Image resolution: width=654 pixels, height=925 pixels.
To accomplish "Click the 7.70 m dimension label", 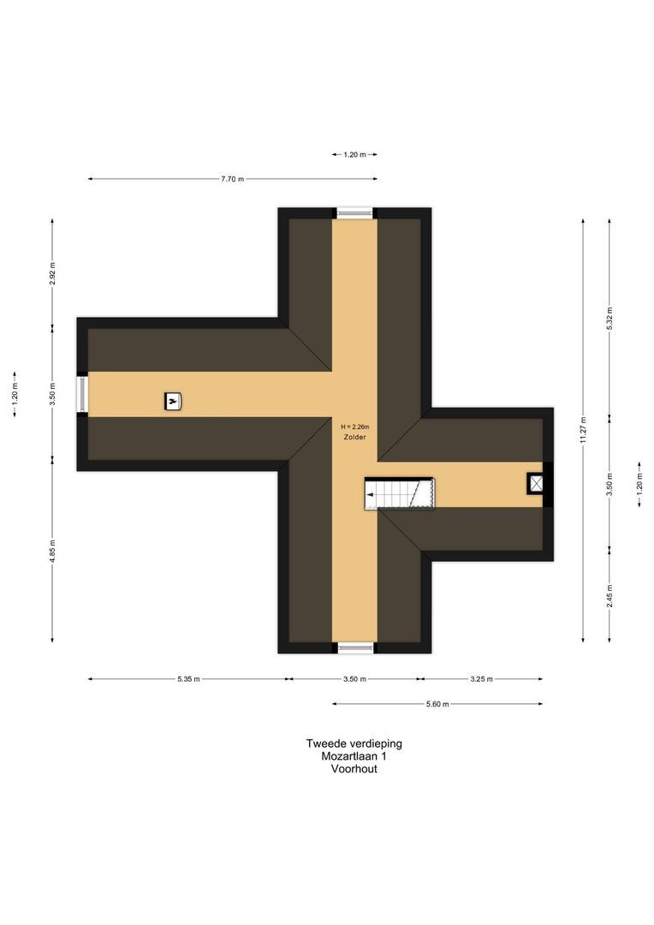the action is point(232,179).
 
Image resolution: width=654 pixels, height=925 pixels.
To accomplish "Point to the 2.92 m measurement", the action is point(52,274).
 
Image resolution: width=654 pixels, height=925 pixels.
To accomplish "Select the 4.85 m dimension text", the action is point(52,551).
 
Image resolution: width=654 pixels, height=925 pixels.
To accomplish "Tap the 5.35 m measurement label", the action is point(188,679).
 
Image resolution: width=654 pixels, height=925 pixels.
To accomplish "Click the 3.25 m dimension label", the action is point(481,679).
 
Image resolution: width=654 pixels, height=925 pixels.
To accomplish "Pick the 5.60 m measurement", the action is point(437,704).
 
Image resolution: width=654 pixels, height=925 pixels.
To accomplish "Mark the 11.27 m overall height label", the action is point(583,430).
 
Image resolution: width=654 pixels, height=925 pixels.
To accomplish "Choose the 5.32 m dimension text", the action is point(609,318).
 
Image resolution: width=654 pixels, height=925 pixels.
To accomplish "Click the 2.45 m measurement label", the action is point(609,596).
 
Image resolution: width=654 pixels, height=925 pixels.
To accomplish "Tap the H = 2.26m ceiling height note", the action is point(355,427).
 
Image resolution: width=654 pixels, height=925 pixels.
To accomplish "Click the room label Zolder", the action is point(355,437).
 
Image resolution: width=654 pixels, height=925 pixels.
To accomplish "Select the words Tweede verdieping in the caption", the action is point(354,743).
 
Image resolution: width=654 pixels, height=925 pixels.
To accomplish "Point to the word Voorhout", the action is point(354,768).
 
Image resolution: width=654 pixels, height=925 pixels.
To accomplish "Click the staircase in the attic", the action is point(400,493).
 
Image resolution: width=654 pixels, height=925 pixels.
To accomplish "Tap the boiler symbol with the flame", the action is point(173,402).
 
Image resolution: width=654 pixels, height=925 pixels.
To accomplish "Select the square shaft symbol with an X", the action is point(536,484).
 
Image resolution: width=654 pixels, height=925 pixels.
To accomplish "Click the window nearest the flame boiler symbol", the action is point(83,395).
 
